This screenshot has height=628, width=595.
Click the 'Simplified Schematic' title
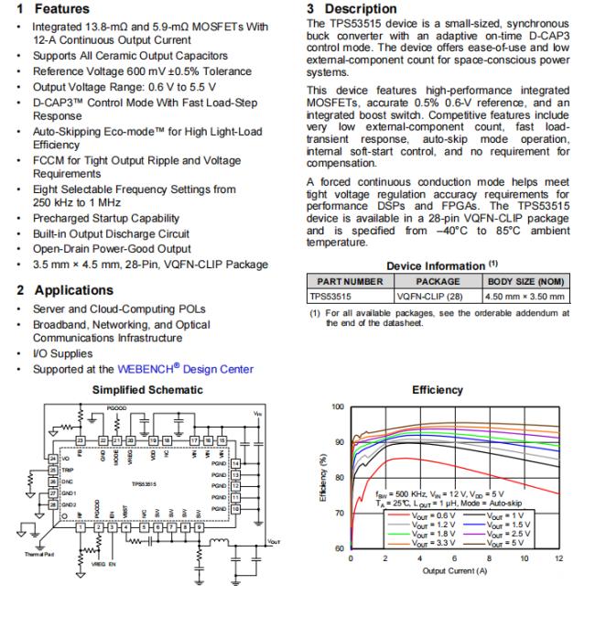(x=145, y=389)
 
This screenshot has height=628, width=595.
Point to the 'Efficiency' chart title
(x=437, y=389)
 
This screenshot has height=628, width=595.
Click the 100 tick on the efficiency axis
(x=338, y=406)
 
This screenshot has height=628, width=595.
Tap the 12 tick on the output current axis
(x=558, y=557)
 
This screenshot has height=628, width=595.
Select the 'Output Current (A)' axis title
(x=455, y=570)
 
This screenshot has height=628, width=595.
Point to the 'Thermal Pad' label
(x=31, y=555)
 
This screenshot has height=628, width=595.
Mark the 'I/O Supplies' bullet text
(x=62, y=353)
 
